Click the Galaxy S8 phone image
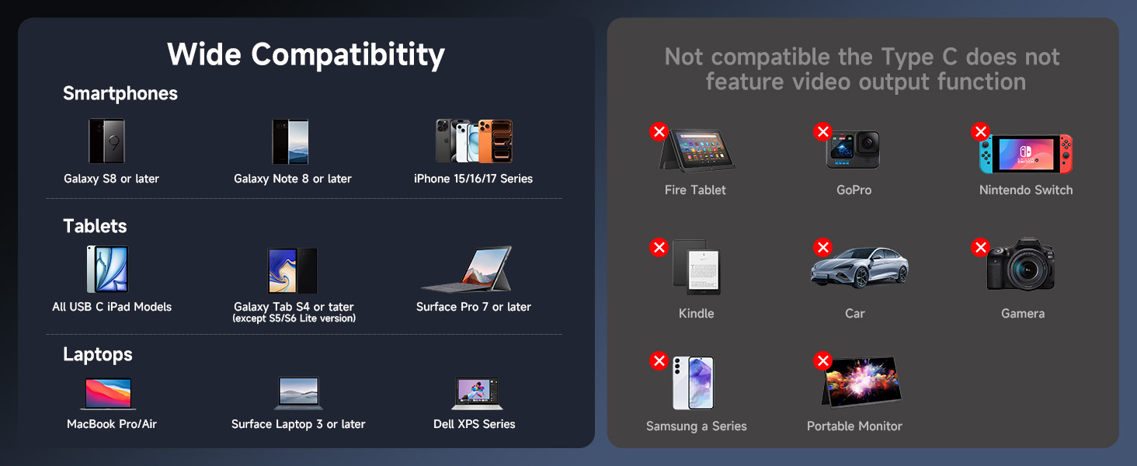(106, 141)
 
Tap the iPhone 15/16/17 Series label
(473, 179)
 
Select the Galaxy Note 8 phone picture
(290, 141)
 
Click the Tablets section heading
(95, 226)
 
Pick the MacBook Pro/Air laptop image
(108, 394)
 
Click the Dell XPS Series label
(474, 424)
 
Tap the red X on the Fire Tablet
(659, 131)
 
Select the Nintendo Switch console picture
(1026, 153)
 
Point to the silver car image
(858, 269)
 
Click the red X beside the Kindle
(659, 248)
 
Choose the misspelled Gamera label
(1022, 314)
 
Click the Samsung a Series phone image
(694, 383)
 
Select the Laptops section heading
(98, 354)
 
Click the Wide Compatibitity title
(306, 54)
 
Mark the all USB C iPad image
(107, 270)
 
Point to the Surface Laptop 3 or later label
(298, 424)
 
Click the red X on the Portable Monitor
(822, 360)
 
